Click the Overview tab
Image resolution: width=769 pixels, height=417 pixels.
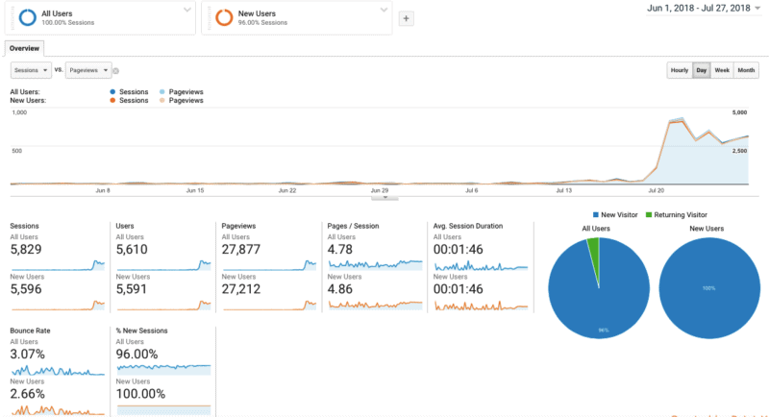pos(24,47)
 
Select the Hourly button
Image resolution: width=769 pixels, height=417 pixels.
pos(679,70)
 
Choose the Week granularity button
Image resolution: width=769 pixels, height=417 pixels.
pos(722,70)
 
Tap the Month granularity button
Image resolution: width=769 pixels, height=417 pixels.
pos(745,70)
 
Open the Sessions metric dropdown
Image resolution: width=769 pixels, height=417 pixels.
pos(31,70)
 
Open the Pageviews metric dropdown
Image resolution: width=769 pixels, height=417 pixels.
pos(87,70)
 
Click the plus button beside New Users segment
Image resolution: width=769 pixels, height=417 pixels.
pos(406,18)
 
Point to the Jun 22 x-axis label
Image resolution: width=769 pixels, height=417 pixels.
pos(286,190)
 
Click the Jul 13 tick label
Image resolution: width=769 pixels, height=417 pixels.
pos(563,190)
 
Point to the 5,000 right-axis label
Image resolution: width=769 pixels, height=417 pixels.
pos(739,112)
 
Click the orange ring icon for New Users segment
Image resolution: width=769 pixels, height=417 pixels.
pos(223,16)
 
